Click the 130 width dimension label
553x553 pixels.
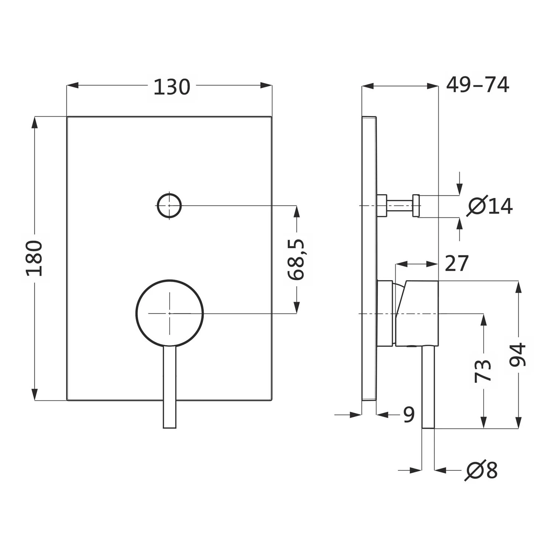coord(171,87)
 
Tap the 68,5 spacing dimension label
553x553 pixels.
coord(296,259)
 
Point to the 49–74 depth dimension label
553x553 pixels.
coord(477,85)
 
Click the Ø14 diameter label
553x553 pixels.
coord(490,206)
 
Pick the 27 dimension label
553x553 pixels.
coord(457,263)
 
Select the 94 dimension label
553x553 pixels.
coord(518,355)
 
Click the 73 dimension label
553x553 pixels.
coord(483,371)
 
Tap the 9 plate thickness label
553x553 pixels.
coord(409,415)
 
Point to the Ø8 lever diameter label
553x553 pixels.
coord(482,470)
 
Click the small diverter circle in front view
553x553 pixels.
coord(169,206)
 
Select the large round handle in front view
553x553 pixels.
coord(169,313)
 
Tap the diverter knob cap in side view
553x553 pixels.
coord(417,205)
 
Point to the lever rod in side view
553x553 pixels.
coord(428,387)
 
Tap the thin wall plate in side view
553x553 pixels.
coord(369,258)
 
